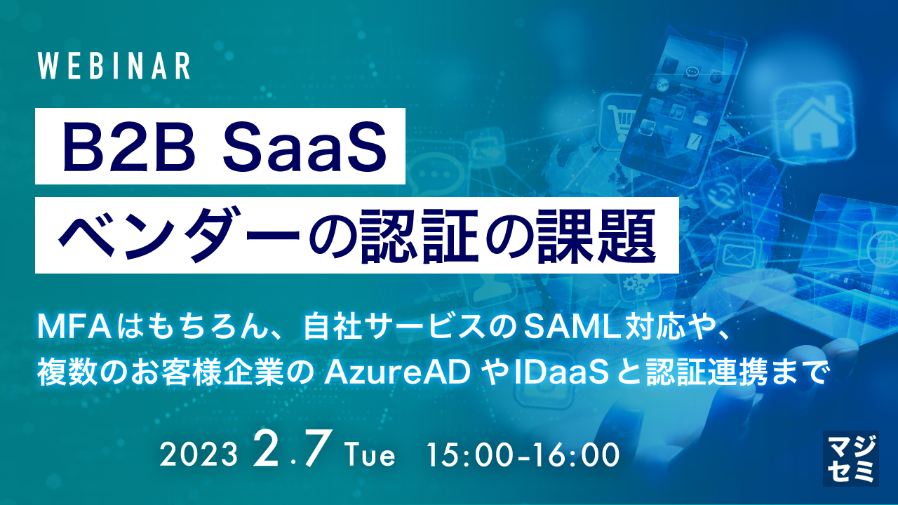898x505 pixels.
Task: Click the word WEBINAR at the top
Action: point(114,66)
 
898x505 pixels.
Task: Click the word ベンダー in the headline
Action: point(159,235)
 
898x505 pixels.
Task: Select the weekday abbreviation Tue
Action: point(370,455)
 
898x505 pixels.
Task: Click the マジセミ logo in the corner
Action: point(850,458)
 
